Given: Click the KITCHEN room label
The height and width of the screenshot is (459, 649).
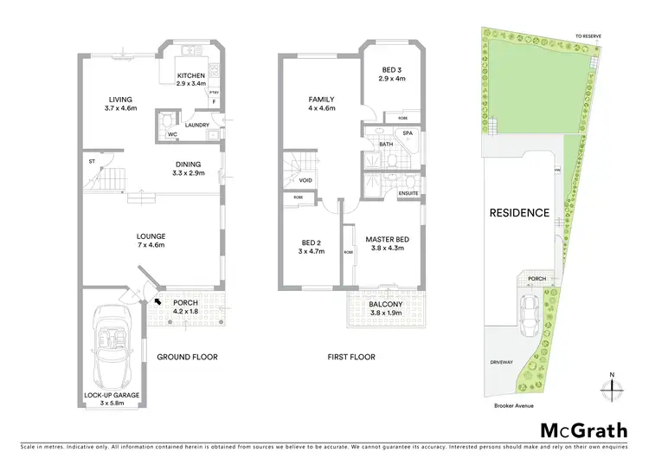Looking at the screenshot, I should pos(190,75).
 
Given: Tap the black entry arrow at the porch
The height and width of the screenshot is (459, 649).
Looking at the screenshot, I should pos(157,301).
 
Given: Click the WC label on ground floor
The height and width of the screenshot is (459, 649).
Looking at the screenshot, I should pos(172,135).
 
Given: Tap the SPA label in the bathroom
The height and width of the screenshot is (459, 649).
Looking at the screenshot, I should pos(408,133).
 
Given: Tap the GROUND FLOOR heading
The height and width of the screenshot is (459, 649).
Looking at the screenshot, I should pos(187,357).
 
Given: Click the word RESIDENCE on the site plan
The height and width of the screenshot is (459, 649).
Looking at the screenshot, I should pos(519,212).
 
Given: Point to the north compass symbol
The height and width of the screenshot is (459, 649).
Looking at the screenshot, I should pos(611,387).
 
